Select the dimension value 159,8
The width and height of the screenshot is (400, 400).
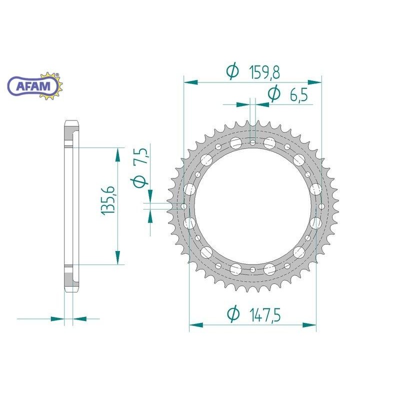[263, 72]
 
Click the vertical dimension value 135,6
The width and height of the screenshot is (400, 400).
[108, 200]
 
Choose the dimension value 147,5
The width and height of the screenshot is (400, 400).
[264, 315]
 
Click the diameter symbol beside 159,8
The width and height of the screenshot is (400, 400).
[232, 72]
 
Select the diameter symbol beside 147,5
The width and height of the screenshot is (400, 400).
[232, 315]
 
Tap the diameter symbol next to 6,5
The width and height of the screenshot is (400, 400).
[273, 94]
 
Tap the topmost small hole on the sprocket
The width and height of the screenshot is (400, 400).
[253, 143]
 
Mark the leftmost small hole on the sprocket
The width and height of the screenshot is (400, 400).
[183, 206]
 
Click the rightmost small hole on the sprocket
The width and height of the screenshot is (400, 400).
[320, 206]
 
